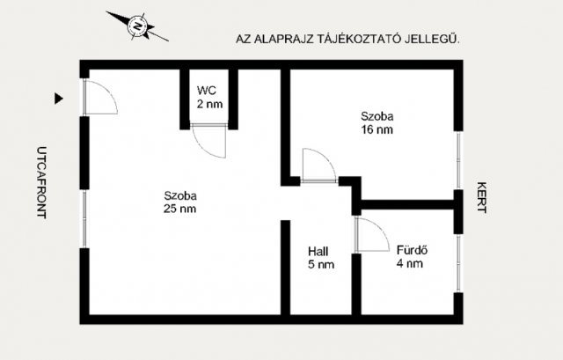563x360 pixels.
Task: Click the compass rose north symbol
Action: (137, 26)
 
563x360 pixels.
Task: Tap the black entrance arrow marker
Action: (59, 99)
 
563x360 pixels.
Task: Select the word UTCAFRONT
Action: (41, 182)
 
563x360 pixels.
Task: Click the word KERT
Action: (482, 198)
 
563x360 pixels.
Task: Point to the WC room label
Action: (207, 90)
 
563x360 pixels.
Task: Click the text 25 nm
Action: (179, 209)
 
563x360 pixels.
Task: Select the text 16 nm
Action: (377, 129)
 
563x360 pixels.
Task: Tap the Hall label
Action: (318, 252)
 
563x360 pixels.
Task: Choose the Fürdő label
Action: (412, 250)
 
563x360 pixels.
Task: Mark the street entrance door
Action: (100, 97)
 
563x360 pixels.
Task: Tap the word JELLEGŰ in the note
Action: (432, 39)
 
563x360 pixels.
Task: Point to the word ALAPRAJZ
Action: (284, 39)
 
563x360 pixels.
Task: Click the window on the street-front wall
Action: (84, 219)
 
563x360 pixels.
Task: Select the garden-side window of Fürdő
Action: (458, 263)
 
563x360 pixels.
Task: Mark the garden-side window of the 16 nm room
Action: (458, 160)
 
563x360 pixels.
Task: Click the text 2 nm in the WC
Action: (209, 104)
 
